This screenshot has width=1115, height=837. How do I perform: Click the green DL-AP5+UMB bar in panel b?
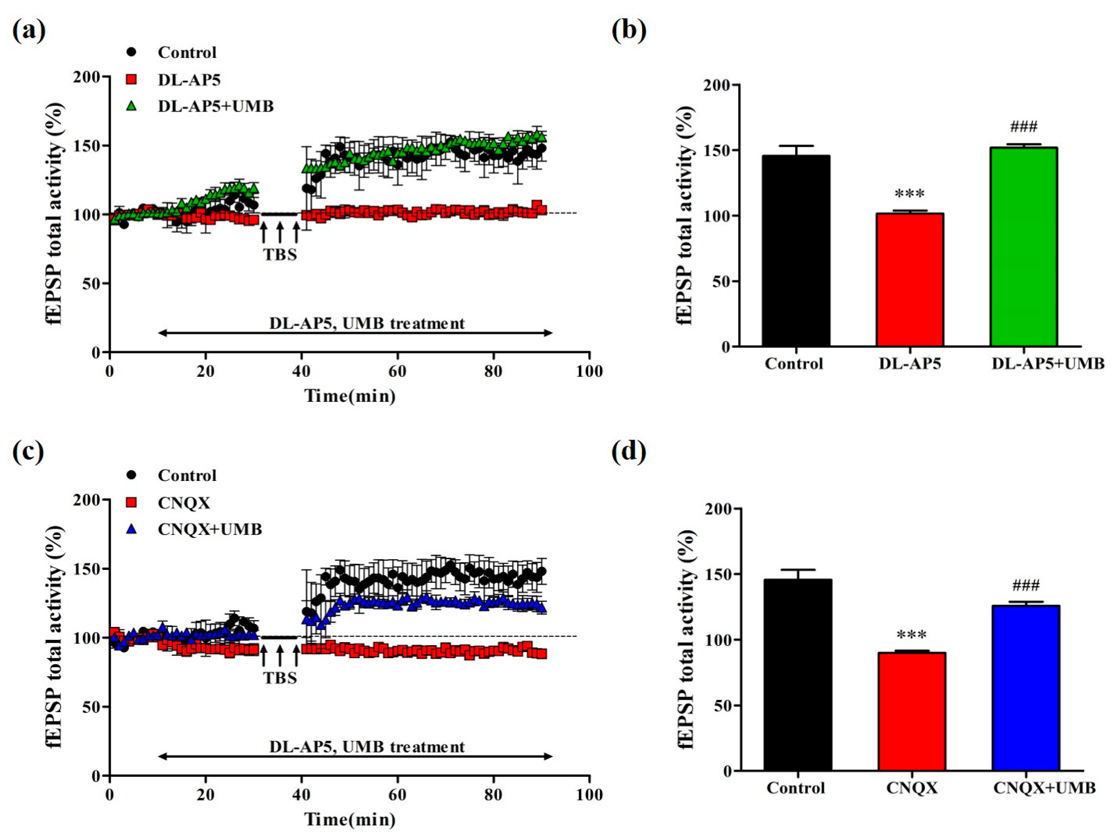click(x=1023, y=247)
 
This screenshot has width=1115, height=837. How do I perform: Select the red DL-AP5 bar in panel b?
click(x=909, y=280)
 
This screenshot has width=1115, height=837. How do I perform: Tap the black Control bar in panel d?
click(x=797, y=675)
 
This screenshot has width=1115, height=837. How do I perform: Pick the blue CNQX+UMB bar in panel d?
click(x=1025, y=688)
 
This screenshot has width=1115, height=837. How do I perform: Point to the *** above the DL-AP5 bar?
click(x=909, y=194)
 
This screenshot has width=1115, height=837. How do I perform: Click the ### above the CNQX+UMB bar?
click(x=1025, y=586)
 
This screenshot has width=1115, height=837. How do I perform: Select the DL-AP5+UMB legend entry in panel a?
click(x=215, y=106)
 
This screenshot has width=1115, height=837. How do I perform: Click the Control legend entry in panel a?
click(x=187, y=52)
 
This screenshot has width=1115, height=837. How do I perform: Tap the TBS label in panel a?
click(x=280, y=254)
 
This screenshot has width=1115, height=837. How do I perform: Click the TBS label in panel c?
click(x=280, y=678)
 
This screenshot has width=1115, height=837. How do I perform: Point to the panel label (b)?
click(x=628, y=31)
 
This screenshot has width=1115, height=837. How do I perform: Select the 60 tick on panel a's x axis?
click(x=397, y=371)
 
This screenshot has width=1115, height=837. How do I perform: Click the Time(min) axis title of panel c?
click(x=350, y=819)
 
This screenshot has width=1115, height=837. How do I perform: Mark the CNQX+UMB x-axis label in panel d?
click(x=1044, y=788)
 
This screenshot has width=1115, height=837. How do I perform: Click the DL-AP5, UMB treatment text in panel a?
click(x=367, y=323)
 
